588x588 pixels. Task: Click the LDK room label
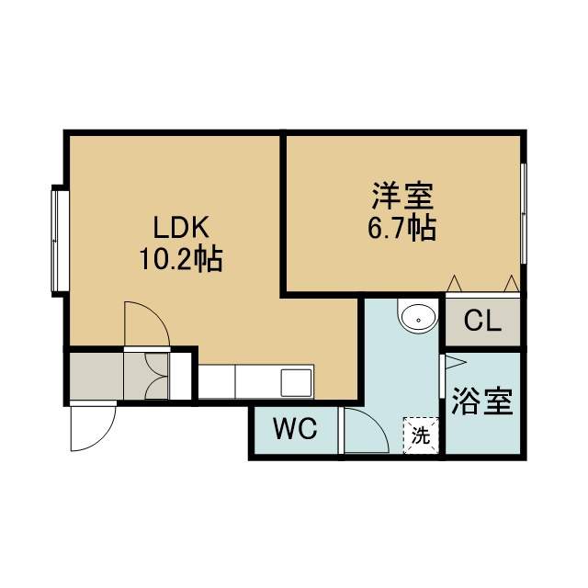181,227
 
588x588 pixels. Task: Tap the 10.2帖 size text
181,259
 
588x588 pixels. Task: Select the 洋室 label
402,196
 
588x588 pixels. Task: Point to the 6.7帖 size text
401,228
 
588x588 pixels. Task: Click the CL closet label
482,321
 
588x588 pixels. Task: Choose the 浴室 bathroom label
481,401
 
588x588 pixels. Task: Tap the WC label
295,429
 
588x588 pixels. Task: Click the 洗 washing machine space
421,435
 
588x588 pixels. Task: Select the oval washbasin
419,320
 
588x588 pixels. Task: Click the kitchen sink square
296,382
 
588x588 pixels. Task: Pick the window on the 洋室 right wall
524,213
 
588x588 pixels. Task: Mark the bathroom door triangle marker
455,362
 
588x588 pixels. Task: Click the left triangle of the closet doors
454,284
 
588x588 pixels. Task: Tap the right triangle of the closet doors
511,284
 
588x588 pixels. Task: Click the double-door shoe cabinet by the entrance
146,376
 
